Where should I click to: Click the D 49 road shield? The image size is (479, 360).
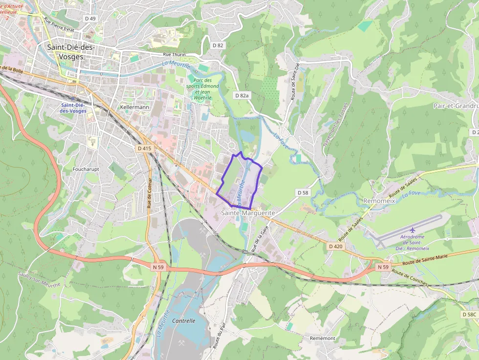pos(90,19)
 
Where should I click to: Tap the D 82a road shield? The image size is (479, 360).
pos(241,96)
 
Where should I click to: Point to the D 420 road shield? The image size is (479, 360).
pos(335,246)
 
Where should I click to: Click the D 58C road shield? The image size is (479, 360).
pos(469,315)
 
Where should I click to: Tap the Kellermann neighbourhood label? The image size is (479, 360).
pos(134,107)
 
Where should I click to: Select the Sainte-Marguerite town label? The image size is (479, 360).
pos(248,213)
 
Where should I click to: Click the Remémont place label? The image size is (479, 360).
pos(323,338)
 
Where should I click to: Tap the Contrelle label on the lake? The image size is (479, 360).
pos(184,321)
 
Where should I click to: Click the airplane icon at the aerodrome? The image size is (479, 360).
pos(413,230)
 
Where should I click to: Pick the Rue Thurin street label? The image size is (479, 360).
pos(174,55)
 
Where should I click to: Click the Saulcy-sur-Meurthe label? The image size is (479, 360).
pos(40,278)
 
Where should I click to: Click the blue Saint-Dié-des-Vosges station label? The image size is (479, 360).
pos(73,108)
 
